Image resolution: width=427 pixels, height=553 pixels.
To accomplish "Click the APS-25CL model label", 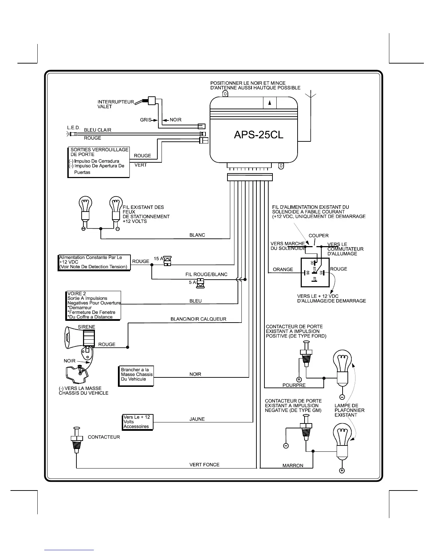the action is (259, 135).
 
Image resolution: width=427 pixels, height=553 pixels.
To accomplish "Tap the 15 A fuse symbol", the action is (167, 261).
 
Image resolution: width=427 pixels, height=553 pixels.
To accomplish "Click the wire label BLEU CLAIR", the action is (97, 130).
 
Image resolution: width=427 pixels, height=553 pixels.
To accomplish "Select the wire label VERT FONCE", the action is (204, 465).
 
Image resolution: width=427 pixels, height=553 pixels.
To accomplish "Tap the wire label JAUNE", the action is (197, 419).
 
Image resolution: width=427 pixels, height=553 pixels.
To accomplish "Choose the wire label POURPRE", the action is (294, 385).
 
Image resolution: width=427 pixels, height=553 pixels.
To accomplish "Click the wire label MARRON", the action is (293, 466).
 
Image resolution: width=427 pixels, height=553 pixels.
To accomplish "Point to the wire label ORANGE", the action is (283, 270).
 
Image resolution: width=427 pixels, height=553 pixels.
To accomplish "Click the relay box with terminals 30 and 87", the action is (315, 272).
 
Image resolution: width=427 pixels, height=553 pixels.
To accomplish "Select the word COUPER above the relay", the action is (319, 236).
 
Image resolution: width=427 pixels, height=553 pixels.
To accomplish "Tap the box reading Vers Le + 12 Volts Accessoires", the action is (137, 422).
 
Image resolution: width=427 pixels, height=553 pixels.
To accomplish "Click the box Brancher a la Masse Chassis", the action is (136, 376).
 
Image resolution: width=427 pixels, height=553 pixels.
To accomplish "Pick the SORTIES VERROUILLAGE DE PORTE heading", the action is (99, 152).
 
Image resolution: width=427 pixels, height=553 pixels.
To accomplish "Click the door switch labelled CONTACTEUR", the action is (76, 440).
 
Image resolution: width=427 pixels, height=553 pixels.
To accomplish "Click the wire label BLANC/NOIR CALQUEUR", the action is (198, 319).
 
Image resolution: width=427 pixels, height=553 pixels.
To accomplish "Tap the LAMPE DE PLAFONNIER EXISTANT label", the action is (350, 410).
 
